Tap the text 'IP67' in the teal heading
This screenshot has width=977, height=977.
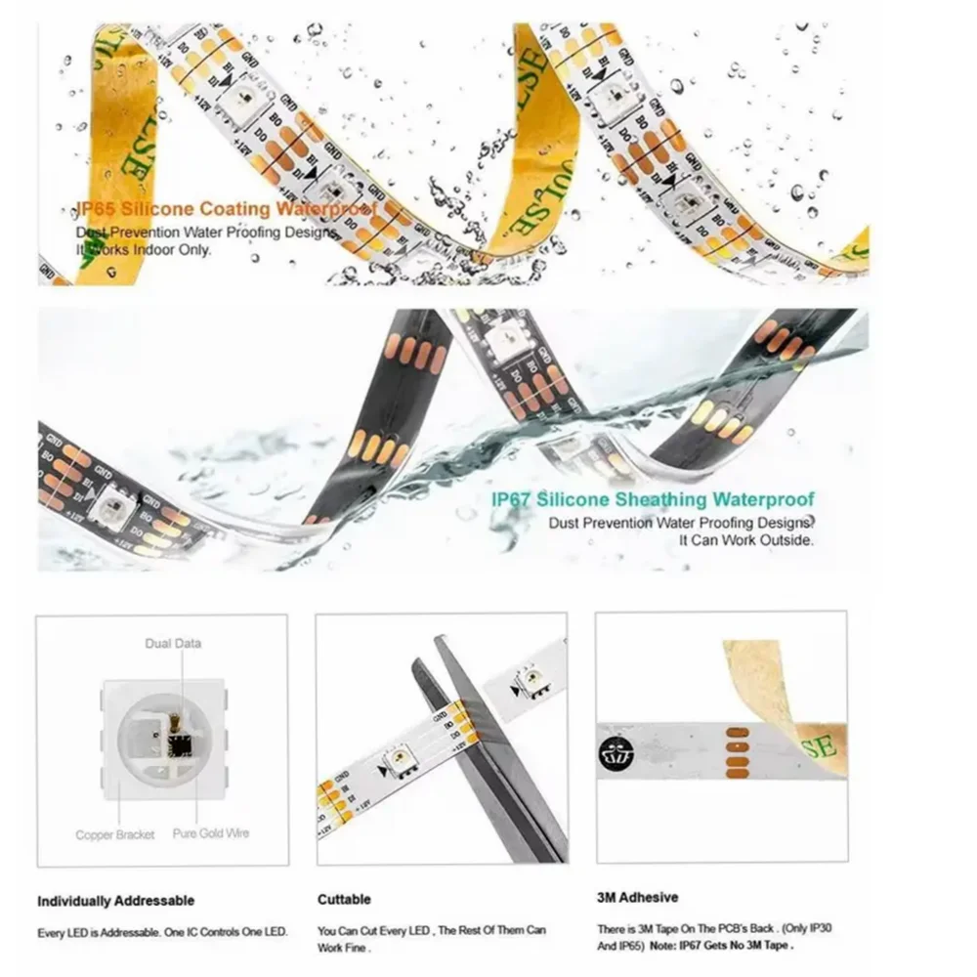click(x=512, y=500)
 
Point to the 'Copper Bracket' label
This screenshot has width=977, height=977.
click(x=114, y=835)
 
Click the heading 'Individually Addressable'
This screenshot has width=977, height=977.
click(x=115, y=900)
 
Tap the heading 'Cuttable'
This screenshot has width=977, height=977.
click(x=344, y=899)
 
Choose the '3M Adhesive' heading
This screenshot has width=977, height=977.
click(x=636, y=897)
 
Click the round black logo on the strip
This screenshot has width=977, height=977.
click(x=615, y=753)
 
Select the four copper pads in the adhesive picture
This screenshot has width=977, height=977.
click(x=735, y=753)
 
